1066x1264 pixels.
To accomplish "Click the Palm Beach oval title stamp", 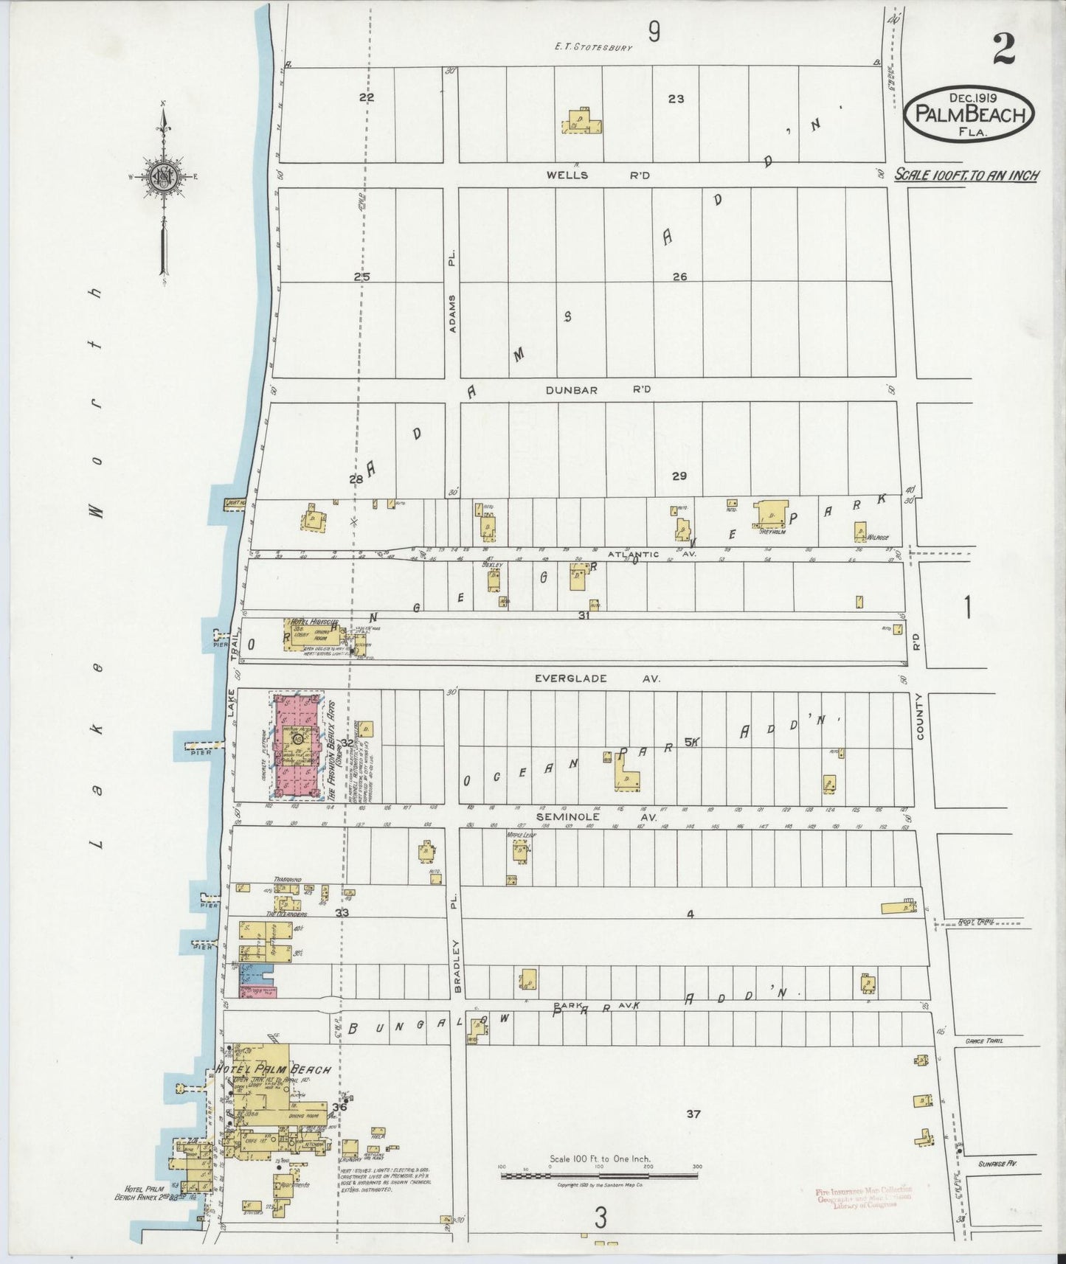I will click(x=969, y=114).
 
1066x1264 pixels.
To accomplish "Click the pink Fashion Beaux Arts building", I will click(x=297, y=746).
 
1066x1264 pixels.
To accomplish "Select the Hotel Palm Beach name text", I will click(x=273, y=1069).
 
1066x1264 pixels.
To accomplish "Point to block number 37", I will click(x=692, y=1114).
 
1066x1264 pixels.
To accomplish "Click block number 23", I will click(x=676, y=98).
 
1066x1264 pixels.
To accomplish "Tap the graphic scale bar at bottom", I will click(x=599, y=1176).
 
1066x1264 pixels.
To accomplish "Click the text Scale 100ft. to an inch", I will click(x=966, y=175).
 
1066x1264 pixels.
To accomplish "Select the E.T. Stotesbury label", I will click(x=594, y=47).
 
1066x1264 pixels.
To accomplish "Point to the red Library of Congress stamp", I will click(x=863, y=1197).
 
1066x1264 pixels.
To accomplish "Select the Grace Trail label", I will click(x=983, y=1041).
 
